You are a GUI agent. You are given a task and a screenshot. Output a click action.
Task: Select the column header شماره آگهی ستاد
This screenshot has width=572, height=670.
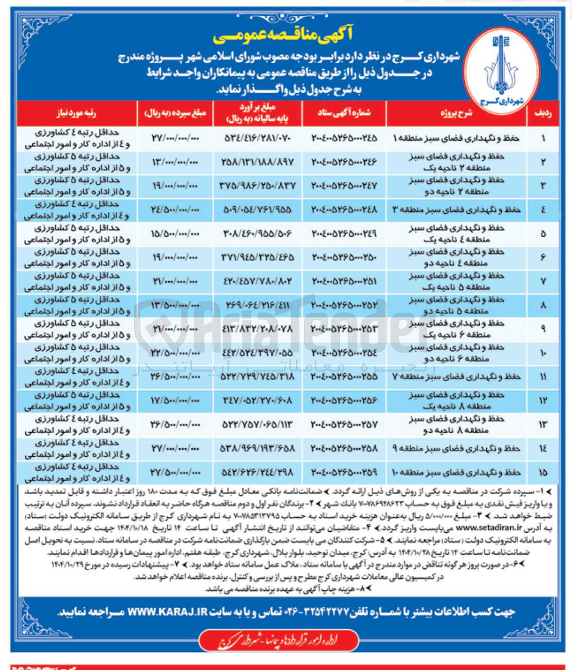pyautogui.click(x=344, y=114)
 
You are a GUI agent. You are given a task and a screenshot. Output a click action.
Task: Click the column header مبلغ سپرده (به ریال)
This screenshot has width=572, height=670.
pyautogui.click(x=175, y=114)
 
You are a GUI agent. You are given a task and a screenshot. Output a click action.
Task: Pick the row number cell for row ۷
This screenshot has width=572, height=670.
pyautogui.click(x=543, y=281)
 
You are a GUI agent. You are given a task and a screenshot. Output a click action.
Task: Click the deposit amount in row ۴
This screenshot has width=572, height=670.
pyautogui.click(x=175, y=210)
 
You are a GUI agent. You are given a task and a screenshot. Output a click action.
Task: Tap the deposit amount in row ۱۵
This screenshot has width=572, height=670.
pyautogui.click(x=175, y=472)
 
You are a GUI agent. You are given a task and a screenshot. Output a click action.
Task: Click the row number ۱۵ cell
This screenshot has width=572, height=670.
pyautogui.click(x=543, y=472)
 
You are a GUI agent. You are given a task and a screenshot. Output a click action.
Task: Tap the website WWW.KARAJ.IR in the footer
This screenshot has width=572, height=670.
pyautogui.click(x=167, y=612)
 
